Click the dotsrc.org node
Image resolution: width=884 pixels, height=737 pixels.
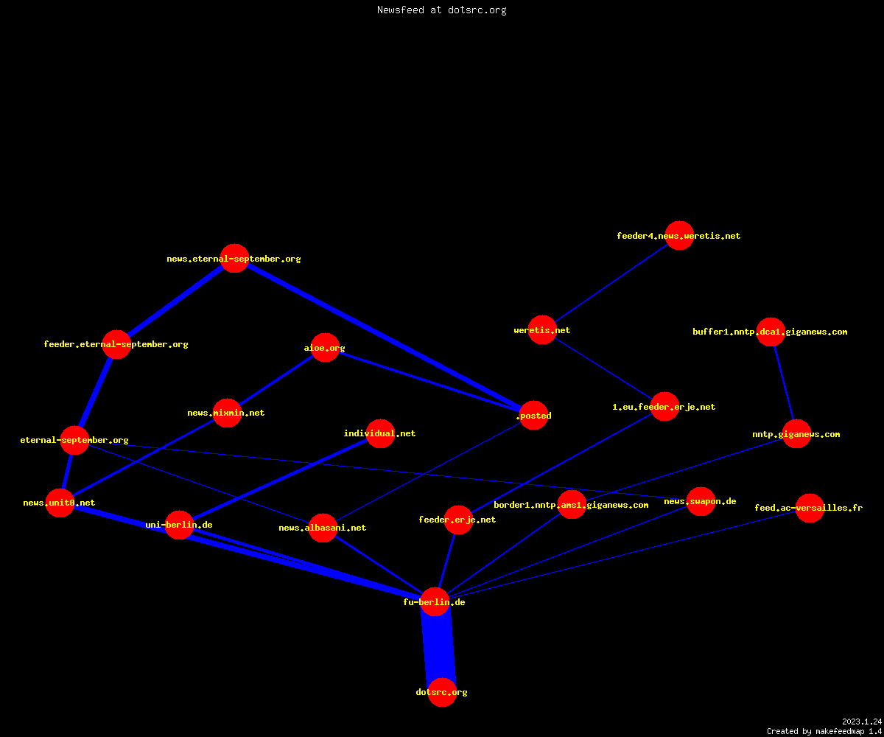coord(442,692)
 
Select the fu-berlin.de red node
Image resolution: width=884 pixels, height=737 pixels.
coord(435,602)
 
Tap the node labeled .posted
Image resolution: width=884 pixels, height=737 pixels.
coord(533,415)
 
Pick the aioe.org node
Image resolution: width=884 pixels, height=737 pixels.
coord(325,347)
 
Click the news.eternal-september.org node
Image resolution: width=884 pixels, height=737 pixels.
coord(234,258)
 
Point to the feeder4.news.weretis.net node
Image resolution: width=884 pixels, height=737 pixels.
coord(679,235)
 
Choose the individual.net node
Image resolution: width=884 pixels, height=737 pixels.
coord(381,433)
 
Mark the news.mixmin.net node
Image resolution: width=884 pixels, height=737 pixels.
coord(228,413)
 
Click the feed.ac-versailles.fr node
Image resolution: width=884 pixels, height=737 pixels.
coord(810,508)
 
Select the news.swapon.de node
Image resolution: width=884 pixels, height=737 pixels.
coord(701,501)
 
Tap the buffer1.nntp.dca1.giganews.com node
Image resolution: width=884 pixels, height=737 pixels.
coord(771,332)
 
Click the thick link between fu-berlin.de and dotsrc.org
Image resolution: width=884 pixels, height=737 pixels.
coord(438,647)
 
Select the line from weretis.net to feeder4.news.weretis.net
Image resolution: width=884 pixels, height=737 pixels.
coord(611,282)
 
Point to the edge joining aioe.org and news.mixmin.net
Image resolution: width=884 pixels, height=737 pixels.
coord(276,380)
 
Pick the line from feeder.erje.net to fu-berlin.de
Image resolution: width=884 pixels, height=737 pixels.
coord(446,561)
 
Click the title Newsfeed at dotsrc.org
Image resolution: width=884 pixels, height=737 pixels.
coord(441,10)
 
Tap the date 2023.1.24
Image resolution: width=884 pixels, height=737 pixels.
coord(862,722)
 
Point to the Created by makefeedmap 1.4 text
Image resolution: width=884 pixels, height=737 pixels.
coord(824,731)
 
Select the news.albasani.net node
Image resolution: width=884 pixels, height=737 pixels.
coord(323,528)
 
